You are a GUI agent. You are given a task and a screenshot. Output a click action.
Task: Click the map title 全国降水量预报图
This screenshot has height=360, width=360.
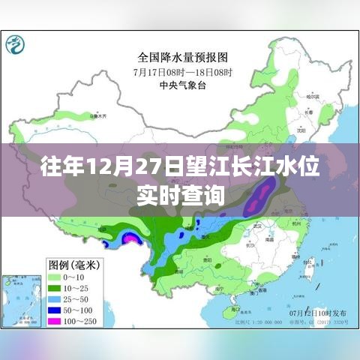pos(182,57)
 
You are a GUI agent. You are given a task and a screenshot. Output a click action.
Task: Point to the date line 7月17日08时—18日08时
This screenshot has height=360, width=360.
pos(182,71)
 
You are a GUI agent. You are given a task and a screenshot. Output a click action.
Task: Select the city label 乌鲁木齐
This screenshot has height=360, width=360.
pos(94,116)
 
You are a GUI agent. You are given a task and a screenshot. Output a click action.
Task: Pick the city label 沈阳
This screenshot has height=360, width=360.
pos(299,128)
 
